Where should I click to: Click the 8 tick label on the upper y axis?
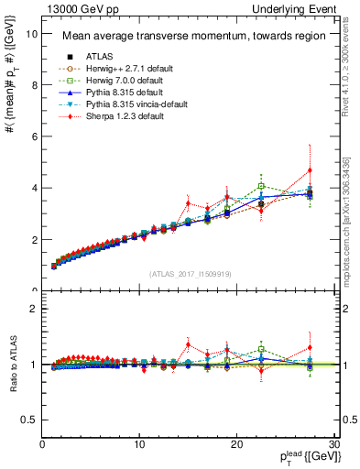(x=32, y=85)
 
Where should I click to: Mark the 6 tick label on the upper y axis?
(x=32, y=136)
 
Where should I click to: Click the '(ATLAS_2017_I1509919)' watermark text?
(x=190, y=272)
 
